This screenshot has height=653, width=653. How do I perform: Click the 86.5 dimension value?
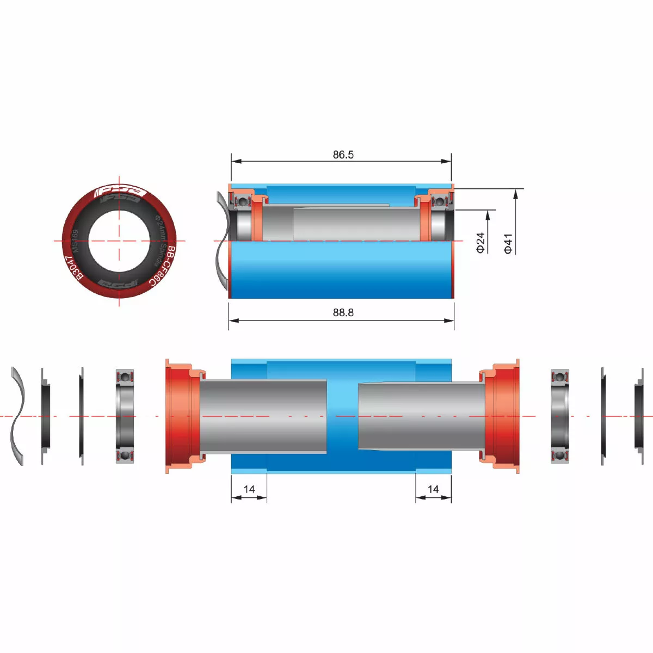pos(343,155)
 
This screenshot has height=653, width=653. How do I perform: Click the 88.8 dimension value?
pos(343,312)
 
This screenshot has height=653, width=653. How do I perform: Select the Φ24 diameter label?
pos(480,242)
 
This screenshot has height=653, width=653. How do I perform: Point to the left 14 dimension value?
pos(249,489)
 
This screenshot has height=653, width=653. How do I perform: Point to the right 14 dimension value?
pos(433,489)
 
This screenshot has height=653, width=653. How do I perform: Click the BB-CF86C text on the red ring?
pos(164,266)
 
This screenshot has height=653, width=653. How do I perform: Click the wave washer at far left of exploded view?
pos(17,416)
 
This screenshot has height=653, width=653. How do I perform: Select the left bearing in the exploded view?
pos(125,416)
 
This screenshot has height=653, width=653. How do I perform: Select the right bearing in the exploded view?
pos(560,416)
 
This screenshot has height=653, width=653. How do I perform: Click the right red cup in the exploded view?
pos(503,416)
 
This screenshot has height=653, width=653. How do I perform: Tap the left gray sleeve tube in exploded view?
pos(264,416)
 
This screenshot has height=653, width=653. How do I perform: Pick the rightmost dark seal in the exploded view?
pos(639,416)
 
